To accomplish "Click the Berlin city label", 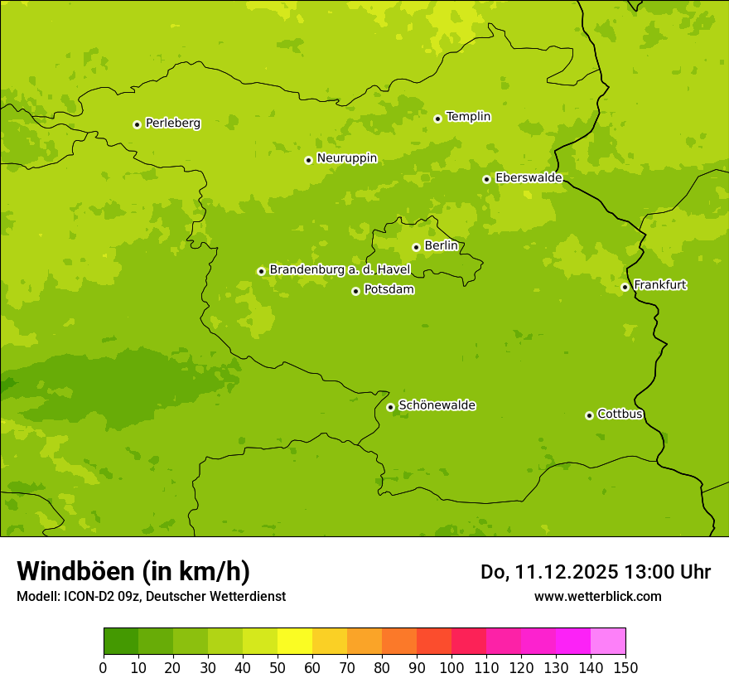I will point(441,246).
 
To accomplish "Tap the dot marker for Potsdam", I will point(356,291).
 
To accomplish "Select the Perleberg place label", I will point(172,124).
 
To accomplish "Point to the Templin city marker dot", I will point(438,119).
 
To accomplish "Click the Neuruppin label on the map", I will point(346,158).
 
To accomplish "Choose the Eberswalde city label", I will point(529,178).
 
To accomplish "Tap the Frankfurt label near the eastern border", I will point(659,285).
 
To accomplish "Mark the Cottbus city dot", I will point(590,415).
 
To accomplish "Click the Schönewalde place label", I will point(437,405).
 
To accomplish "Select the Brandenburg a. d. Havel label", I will point(340,269).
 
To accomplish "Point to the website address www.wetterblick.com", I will point(597,596).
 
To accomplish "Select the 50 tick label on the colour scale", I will point(278,667).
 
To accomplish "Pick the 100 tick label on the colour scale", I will point(451,667).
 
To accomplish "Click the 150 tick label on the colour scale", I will point(625,667).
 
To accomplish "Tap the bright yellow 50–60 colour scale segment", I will point(295,642).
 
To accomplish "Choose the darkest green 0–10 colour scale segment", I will point(121,642).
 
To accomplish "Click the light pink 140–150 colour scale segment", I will point(608,642).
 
